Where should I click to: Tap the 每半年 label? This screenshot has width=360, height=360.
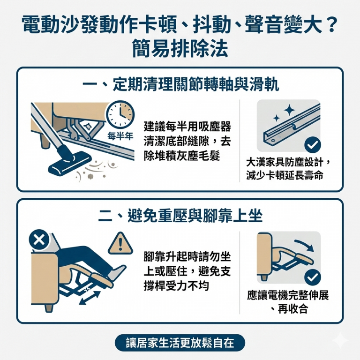click(120, 136)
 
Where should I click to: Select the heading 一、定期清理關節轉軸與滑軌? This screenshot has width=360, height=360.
click(180, 84)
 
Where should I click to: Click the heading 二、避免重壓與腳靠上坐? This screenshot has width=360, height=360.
click(180, 215)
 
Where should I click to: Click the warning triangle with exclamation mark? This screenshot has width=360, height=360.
click(117, 243)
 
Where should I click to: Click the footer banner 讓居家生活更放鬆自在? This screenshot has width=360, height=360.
click(180, 343)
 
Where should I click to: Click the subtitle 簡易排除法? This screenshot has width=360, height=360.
click(180, 49)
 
